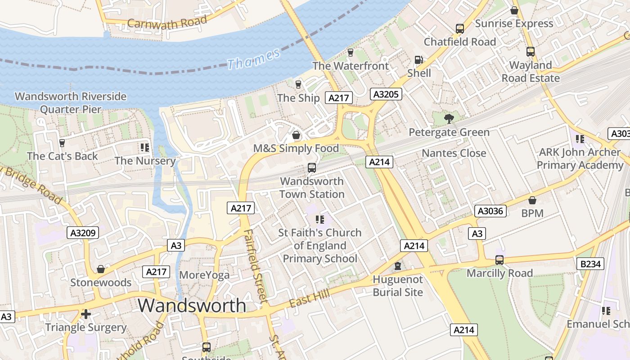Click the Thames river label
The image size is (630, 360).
tap(253, 59)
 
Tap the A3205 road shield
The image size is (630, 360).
tap(386, 94)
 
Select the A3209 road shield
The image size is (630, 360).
tap(83, 233)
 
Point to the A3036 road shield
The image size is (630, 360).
tap(490, 211)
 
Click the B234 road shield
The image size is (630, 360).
tap(590, 264)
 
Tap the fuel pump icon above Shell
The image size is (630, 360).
tap(418, 60)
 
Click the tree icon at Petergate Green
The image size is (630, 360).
tap(449, 119)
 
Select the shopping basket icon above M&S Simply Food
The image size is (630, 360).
tap(296, 135)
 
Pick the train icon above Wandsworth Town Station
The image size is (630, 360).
tap(311, 168)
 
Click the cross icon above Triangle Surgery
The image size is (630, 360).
tap(86, 314)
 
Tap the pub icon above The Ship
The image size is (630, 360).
tap(298, 84)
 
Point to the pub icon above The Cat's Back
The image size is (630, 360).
tap(62, 143)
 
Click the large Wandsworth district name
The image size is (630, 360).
tap(192, 306)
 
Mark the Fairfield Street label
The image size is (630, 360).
tap(256, 265)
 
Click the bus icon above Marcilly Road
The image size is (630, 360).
tap(499, 260)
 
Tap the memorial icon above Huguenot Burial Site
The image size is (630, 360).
tap(397, 266)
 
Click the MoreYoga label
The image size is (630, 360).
tap(204, 275)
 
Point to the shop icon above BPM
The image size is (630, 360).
tap(532, 200)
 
